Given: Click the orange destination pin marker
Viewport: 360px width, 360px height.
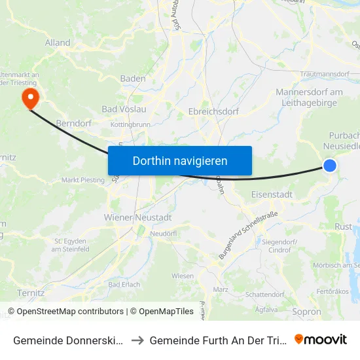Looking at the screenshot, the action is [30, 98].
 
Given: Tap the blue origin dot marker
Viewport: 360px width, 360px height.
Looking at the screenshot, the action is [330, 166].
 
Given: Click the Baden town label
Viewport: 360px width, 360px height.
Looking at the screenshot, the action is [134, 79].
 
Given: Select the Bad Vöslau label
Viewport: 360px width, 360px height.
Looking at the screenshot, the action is [124, 109].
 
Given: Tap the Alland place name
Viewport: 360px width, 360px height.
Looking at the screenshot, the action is [58, 43].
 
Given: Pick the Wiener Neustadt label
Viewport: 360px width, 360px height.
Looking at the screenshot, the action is [137, 217].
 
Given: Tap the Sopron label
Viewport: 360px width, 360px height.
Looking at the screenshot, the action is [307, 312].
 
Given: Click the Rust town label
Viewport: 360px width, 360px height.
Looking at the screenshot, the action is [343, 227].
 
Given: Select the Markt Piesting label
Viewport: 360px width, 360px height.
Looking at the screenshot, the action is [82, 180].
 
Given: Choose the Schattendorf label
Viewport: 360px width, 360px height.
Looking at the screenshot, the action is [266, 295].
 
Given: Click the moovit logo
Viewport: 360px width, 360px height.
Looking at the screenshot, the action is [321, 339].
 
